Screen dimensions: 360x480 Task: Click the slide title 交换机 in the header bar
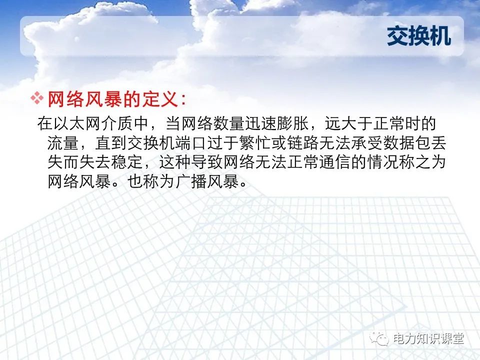coord(419,36)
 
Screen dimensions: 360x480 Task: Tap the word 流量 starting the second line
coord(63,143)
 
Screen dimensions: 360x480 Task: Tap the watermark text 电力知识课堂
coord(429,339)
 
